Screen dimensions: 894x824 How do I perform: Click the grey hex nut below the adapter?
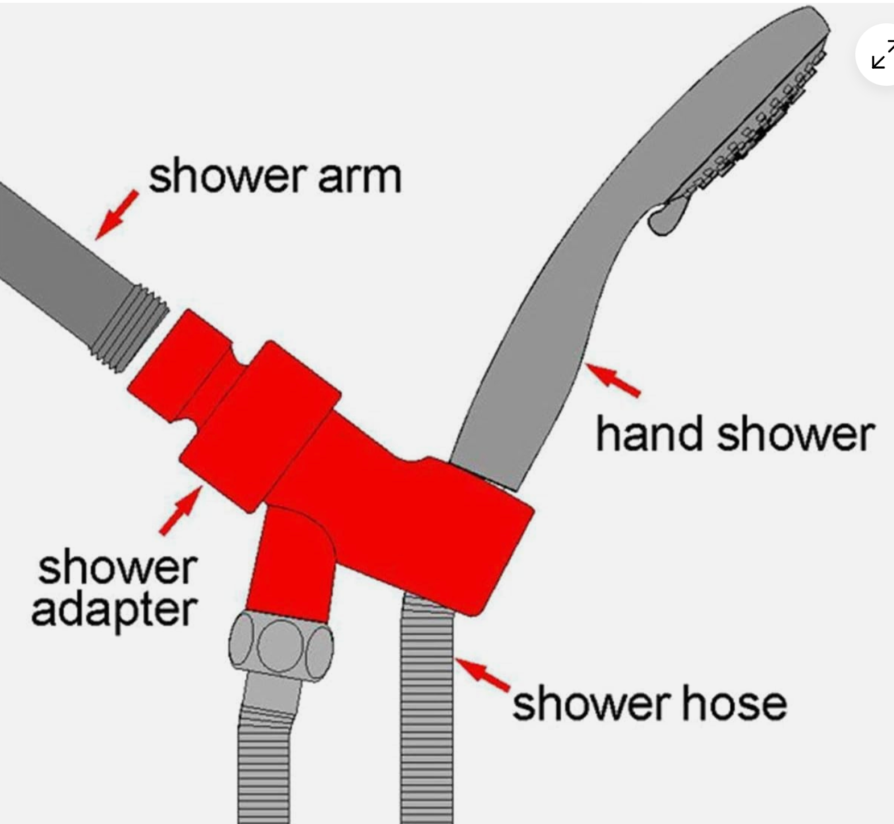coord(281,647)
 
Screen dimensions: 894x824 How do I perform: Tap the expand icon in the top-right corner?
coord(881,55)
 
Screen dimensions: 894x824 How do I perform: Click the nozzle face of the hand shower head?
coord(751,133)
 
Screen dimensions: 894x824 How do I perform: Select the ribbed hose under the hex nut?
coord(264,767)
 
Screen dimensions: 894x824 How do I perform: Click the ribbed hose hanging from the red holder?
coord(427,710)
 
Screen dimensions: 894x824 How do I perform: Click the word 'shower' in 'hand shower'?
coord(795,433)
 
